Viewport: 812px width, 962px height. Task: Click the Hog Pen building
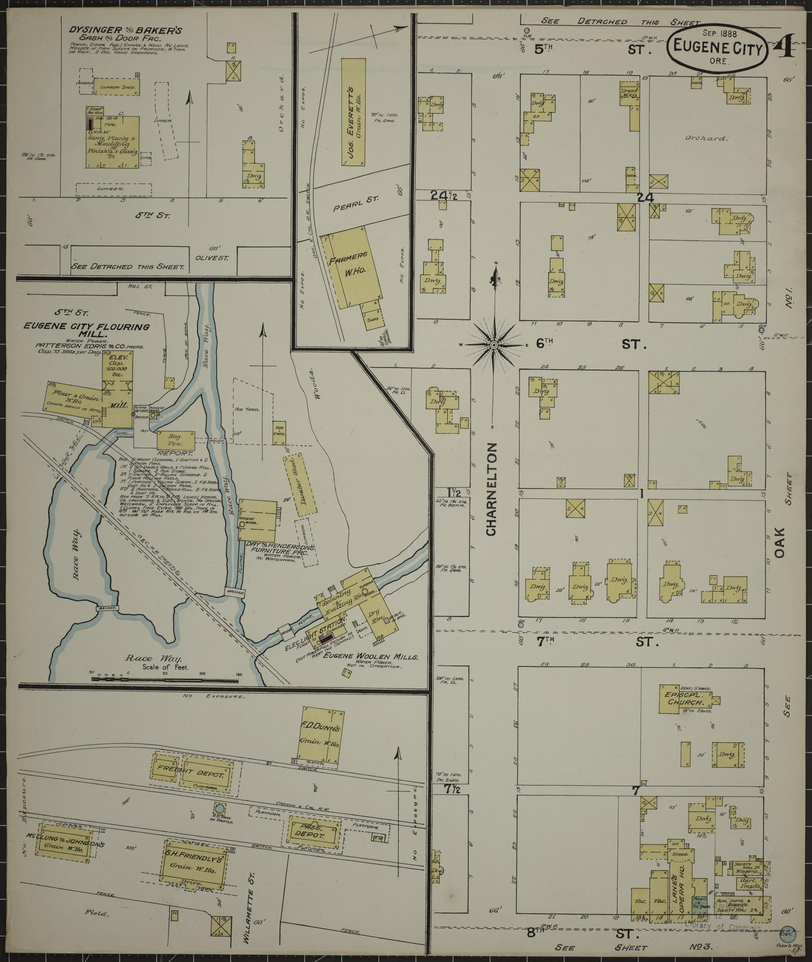click(x=176, y=440)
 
